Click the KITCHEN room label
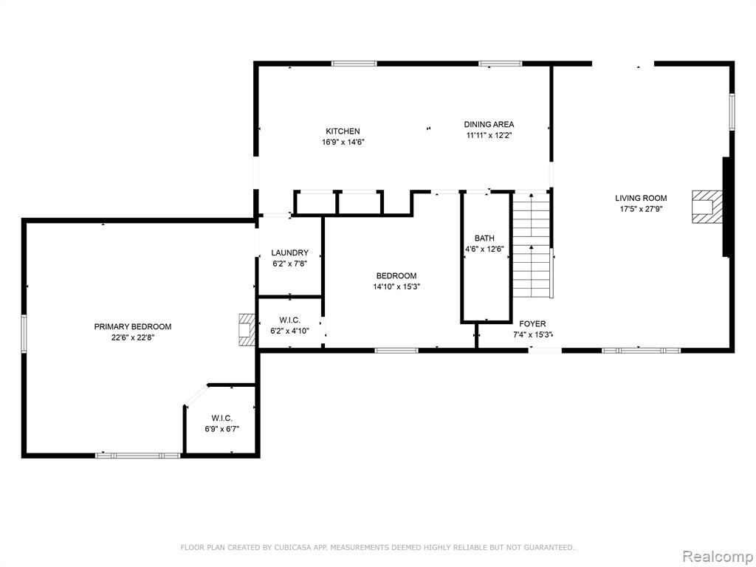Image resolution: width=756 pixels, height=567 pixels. tap(343, 131)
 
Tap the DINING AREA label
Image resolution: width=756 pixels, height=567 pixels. tap(489, 124)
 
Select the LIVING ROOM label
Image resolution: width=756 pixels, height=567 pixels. tap(642, 198)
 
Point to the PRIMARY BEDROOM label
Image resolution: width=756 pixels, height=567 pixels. tap(133, 326)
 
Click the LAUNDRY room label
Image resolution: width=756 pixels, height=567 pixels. tap(289, 252)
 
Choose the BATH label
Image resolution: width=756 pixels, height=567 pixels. tap(484, 238)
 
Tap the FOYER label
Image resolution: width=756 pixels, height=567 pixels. tap(533, 324)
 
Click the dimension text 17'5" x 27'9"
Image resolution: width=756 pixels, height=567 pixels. tap(642, 209)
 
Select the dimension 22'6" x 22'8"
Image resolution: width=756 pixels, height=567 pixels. tap(133, 337)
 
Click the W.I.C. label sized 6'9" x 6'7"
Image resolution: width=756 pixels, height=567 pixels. tap(222, 418)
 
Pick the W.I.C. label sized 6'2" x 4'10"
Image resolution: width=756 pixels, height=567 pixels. tap(289, 320)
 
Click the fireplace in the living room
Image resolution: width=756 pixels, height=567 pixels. tap(707, 207)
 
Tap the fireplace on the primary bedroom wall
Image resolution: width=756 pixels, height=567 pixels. tap(247, 330)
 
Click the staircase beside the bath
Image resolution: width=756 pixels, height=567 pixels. tap(532, 245)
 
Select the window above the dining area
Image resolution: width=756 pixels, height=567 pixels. tap(501, 63)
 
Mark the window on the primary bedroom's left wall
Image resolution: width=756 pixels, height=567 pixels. tap(24, 334)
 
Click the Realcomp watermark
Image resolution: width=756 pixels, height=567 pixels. tap(717, 556)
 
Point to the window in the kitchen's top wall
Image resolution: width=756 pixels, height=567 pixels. tap(354, 63)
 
